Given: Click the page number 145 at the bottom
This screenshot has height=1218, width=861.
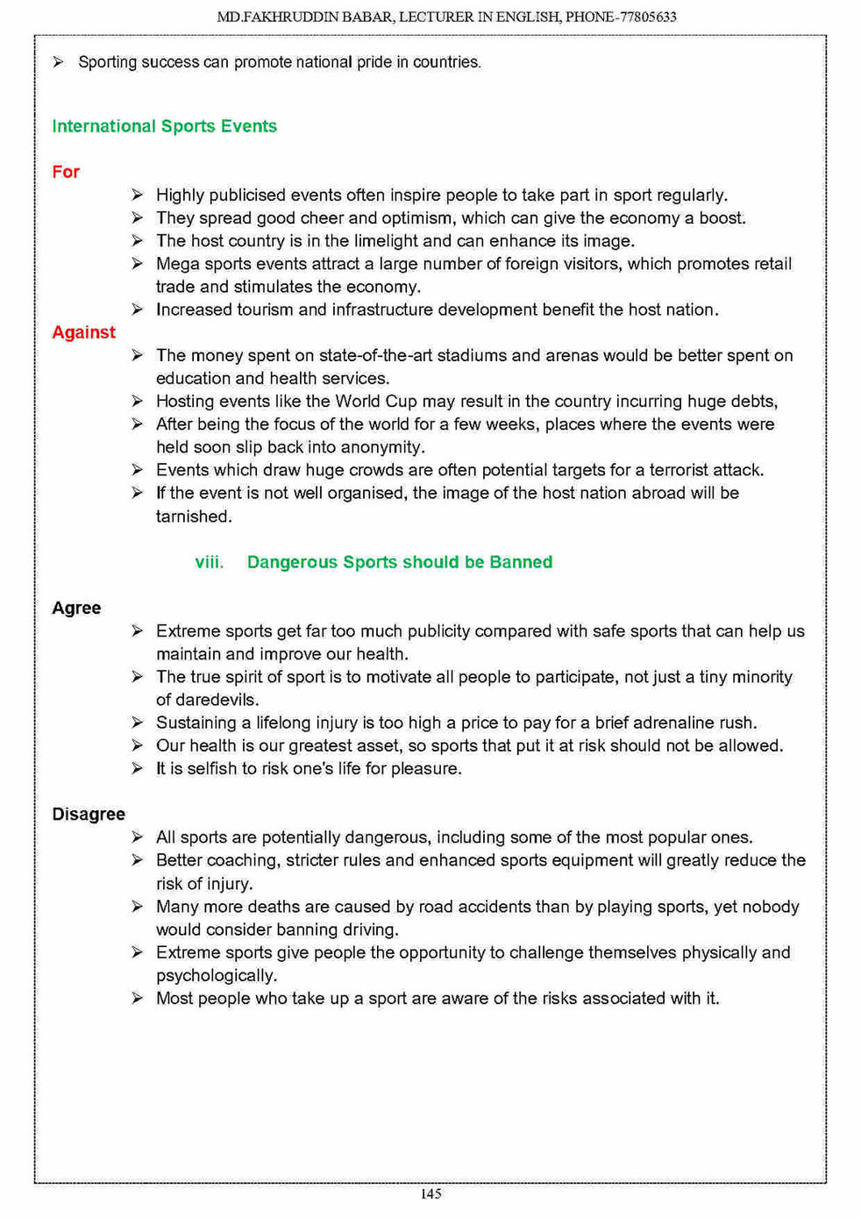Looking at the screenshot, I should [430, 1193].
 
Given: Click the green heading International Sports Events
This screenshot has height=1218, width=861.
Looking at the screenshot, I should [164, 126].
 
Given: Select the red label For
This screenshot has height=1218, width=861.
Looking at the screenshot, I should [66, 172].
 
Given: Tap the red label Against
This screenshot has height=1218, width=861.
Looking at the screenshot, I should [83, 332].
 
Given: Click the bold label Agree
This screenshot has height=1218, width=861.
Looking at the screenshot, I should [76, 608].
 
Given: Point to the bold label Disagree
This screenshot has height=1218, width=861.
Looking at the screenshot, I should [89, 814].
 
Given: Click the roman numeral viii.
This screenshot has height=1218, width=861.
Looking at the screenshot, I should [209, 562].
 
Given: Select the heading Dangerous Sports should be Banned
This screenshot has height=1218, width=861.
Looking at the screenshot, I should [400, 562].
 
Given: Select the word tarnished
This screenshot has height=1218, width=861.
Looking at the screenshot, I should [194, 516].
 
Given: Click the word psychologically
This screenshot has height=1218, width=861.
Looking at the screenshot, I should [217, 976].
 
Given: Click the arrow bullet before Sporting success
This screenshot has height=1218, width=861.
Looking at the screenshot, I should [58, 62].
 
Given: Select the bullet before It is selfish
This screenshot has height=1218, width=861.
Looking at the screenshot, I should [138, 768].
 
